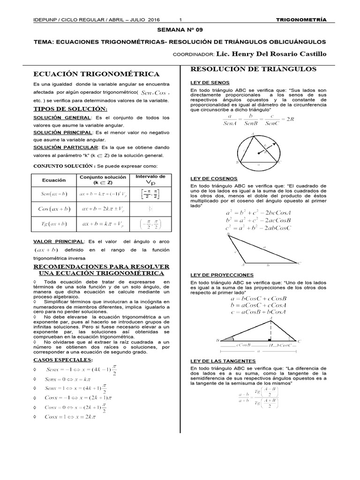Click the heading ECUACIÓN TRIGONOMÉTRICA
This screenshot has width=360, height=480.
pos(96,74)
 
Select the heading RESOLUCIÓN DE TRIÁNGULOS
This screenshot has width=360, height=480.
pos(253,69)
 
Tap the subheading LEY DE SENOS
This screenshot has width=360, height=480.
pos(207,82)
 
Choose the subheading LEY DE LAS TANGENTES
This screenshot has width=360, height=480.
pos(223,361)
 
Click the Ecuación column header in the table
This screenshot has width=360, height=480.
pos(54,180)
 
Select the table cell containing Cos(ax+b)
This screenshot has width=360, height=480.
pos(54,209)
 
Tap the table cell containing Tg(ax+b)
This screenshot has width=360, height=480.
pos(54,224)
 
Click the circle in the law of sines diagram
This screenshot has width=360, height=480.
pos(259,150)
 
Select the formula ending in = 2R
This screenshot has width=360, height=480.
pos(258,120)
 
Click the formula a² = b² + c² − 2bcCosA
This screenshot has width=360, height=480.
pos(258,212)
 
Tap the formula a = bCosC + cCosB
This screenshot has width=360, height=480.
pos(258,298)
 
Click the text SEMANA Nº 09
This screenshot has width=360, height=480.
pos(180,30)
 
